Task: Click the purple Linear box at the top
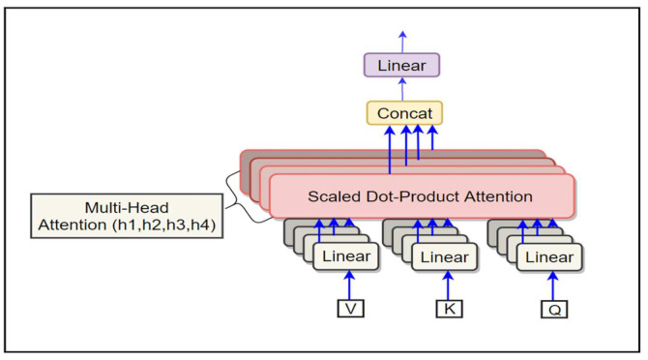401,66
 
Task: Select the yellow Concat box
403,112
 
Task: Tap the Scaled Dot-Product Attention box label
421,196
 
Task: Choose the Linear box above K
445,256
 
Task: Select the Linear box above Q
549,256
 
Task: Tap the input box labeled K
448,309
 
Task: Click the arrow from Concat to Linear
402,89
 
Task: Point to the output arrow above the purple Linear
402,41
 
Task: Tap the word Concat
403,112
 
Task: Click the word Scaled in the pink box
333,196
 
